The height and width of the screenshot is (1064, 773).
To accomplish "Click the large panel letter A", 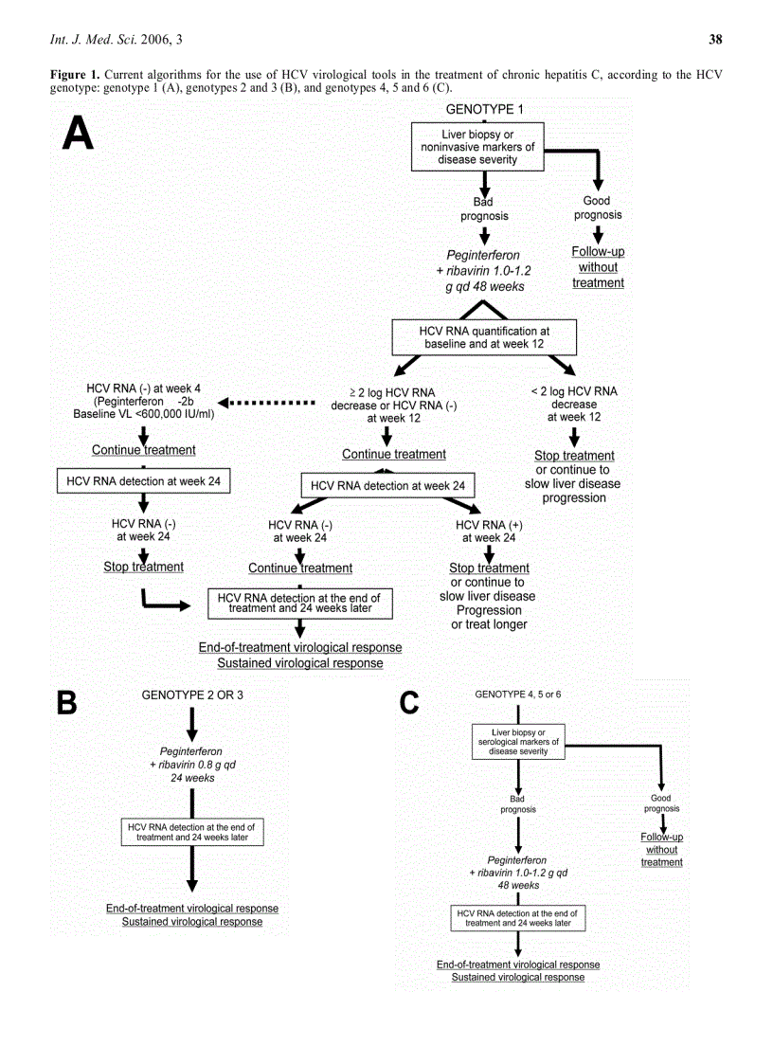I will point(78,133).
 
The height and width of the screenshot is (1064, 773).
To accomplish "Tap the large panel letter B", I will point(66,702).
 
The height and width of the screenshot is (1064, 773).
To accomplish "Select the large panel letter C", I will point(409,702).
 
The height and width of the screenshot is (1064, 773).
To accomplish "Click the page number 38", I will point(715,39).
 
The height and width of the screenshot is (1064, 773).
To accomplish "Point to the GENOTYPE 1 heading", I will point(484,110).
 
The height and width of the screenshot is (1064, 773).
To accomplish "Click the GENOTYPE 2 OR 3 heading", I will point(192,694).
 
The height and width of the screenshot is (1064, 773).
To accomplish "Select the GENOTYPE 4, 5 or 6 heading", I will point(517,694).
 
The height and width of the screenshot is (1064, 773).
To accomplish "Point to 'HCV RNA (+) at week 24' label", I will point(489,531).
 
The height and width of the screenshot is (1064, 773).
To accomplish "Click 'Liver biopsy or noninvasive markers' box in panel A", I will point(477,148).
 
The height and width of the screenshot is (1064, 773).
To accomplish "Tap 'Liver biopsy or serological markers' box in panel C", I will point(517,741).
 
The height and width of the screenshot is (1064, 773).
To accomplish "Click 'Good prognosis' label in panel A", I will point(598,207).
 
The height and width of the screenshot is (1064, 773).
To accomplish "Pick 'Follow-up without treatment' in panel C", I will point(661,849).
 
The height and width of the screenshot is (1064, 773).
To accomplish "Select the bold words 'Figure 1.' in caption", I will point(75,74).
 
